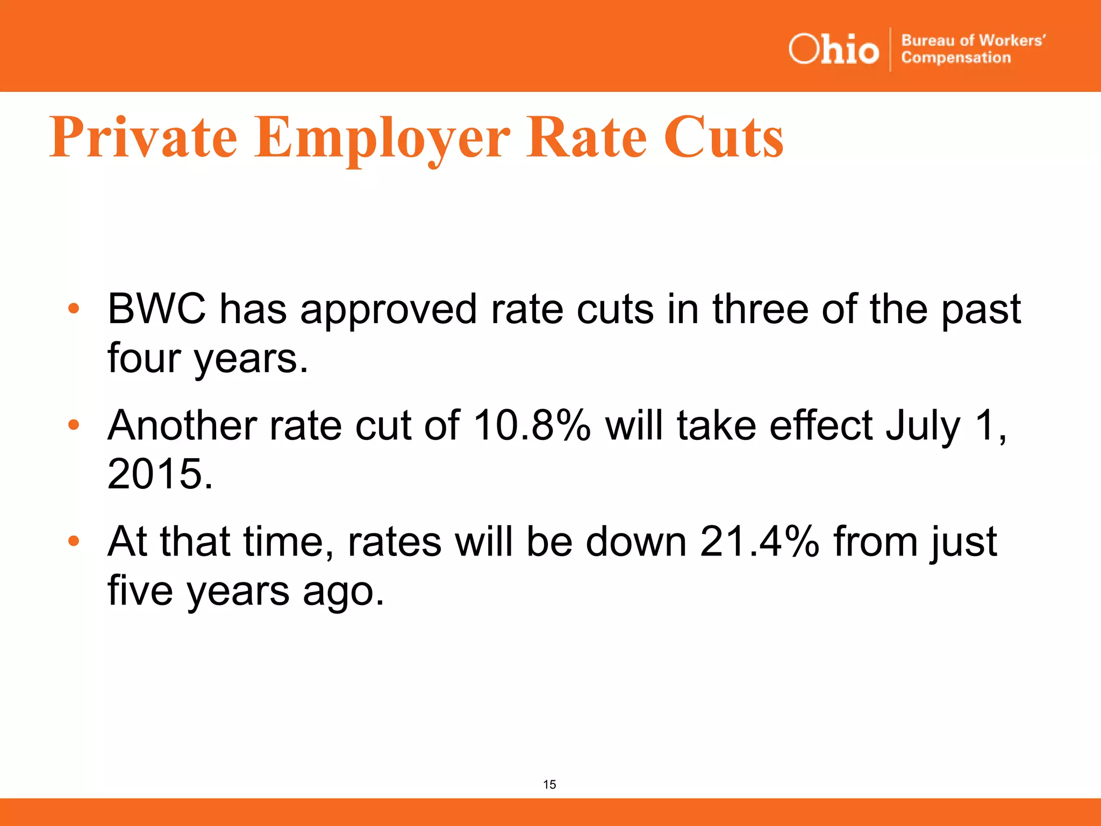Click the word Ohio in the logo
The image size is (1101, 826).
833,49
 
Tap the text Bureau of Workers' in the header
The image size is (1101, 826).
973,41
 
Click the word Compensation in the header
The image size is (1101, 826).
956,58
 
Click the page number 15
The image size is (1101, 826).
549,785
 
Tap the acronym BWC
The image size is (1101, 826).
156,309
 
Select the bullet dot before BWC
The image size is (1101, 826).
74,309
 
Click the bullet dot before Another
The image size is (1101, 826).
74,425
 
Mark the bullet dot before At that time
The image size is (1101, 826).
74,541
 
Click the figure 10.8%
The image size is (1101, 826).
532,425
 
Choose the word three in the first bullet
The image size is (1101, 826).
760,309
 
